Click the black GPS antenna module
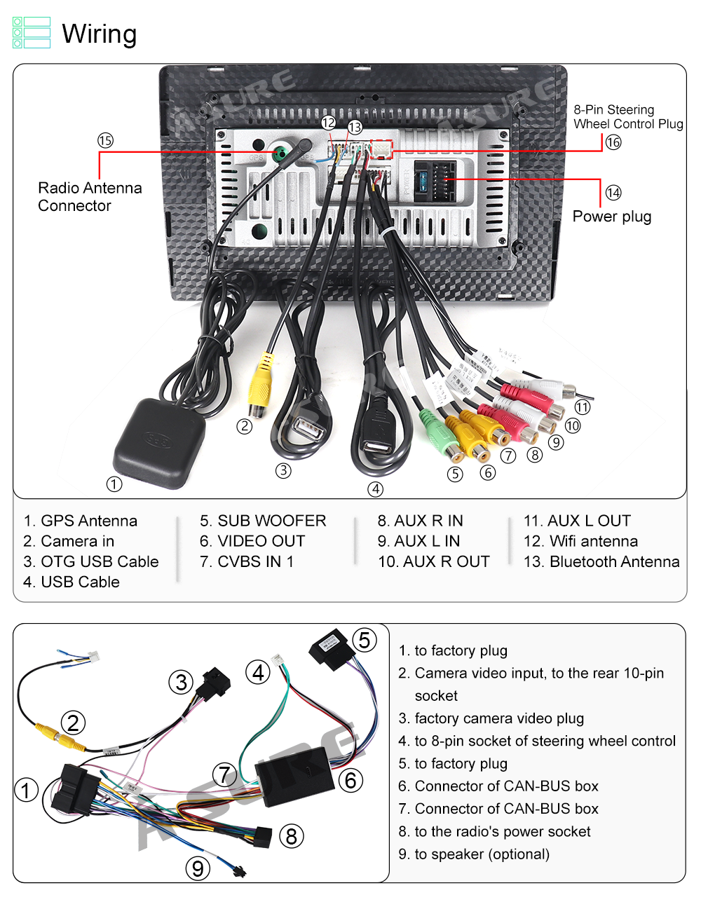pyautogui.click(x=160, y=442)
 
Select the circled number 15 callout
pyautogui.click(x=105, y=141)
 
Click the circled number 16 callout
pyautogui.click(x=613, y=142)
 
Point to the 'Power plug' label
pyautogui.click(x=612, y=217)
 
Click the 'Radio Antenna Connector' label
pyautogui.click(x=90, y=197)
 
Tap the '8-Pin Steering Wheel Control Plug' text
pyautogui.click(x=628, y=117)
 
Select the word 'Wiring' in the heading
pyautogui.click(x=100, y=34)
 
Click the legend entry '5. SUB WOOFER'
pyautogui.click(x=263, y=521)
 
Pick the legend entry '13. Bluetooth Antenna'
pyautogui.click(x=601, y=561)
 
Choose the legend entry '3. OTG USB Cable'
pyautogui.click(x=91, y=561)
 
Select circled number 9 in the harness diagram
pyautogui.click(x=198, y=869)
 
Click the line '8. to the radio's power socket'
pyautogui.click(x=494, y=831)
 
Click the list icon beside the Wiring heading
pyautogui.click(x=32, y=33)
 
